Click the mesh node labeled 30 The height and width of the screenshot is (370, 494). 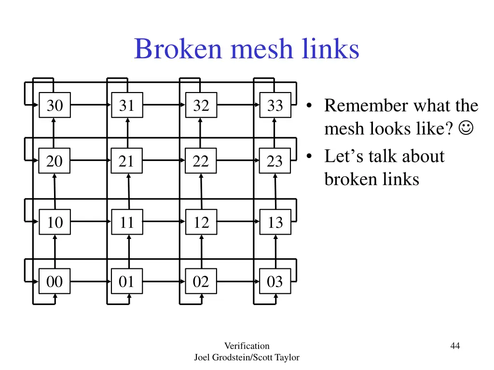pos(55,105)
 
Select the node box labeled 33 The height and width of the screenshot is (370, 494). pos(275,105)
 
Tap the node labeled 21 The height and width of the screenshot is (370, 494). pos(127,161)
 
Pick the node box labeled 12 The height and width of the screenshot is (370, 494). pos(201,222)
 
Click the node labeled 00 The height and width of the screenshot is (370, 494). pos(55,281)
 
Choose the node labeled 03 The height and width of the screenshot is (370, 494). pos(275,281)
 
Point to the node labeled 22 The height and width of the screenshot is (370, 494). pos(201,161)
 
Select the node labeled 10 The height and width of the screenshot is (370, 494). pos(55,222)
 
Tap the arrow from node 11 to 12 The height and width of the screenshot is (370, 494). pos(164,222)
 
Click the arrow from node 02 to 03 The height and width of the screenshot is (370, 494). pos(238,281)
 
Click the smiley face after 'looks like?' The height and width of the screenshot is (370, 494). pos(466,129)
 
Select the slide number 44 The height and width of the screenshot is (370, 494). pos(454,345)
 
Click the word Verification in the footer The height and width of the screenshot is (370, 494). pos(247,345)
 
